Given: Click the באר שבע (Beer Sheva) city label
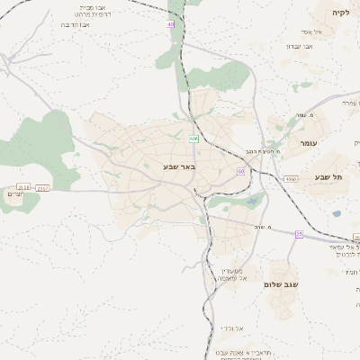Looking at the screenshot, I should pos(179,166).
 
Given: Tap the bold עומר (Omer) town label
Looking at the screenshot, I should pos(299,143).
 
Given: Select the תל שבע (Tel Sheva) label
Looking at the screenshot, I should pos(328,176).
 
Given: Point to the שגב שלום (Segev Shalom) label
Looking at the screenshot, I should pos(279,284).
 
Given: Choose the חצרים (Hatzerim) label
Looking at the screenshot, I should pos(16,193).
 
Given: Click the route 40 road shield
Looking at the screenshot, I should pos(171,24).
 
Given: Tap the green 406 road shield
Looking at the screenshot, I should pos(193,139).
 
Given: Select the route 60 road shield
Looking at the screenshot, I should pos(241,170).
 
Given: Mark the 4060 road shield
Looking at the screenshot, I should pos(291,180).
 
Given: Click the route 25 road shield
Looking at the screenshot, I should pos(299,234).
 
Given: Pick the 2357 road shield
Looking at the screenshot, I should pos(43,187).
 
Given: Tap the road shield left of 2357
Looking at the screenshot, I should pos(22,187).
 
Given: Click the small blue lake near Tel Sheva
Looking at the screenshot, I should pos(337,214).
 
